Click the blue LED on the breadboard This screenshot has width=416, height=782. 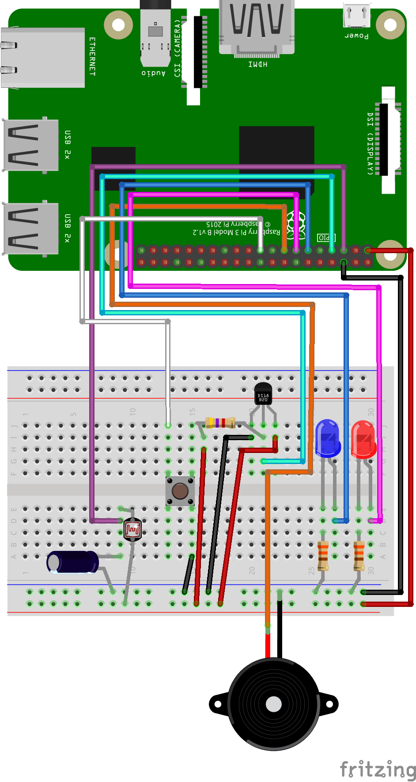328,438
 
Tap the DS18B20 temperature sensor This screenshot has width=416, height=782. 263,394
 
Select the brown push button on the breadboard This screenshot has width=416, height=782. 180,490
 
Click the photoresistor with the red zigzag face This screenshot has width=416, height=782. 132,529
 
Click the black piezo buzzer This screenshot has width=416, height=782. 274,704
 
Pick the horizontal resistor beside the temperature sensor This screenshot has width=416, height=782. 220,423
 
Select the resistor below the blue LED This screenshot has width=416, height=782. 323,556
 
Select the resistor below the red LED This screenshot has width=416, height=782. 359,556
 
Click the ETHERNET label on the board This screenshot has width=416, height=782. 92,56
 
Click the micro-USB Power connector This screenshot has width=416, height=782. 357,15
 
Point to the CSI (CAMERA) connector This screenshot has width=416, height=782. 194,53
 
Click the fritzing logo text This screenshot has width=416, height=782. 378,770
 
